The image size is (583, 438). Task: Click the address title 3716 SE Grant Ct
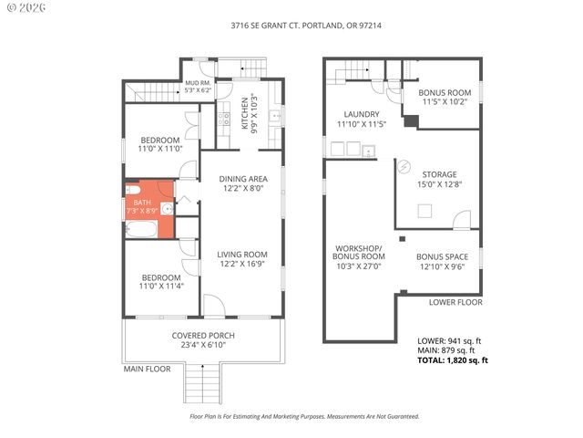point(291,26)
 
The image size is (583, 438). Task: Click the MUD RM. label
point(198,87)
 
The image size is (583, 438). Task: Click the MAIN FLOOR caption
point(148,369)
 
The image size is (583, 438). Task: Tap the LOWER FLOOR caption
point(455,302)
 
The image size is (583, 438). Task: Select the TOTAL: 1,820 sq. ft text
point(453,360)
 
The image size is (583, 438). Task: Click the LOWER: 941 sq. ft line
point(449,340)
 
